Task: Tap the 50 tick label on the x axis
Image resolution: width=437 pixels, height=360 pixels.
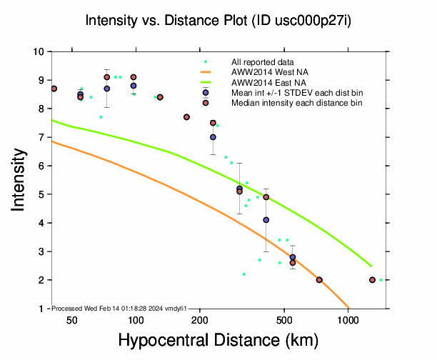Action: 72,321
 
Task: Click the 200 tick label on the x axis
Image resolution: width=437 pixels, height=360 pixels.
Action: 200,321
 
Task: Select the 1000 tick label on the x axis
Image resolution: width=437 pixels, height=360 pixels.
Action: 348,321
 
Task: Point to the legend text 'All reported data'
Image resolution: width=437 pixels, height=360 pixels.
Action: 262,62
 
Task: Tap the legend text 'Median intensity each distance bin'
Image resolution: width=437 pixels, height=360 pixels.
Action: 296,103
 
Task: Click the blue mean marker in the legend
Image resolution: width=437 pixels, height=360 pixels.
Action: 206,93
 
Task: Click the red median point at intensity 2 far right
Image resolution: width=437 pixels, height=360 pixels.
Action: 372,280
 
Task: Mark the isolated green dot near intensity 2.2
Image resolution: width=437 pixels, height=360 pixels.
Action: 243,274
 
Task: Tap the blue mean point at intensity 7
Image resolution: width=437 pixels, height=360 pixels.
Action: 213,137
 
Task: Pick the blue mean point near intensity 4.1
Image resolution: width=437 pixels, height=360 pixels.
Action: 266,220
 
